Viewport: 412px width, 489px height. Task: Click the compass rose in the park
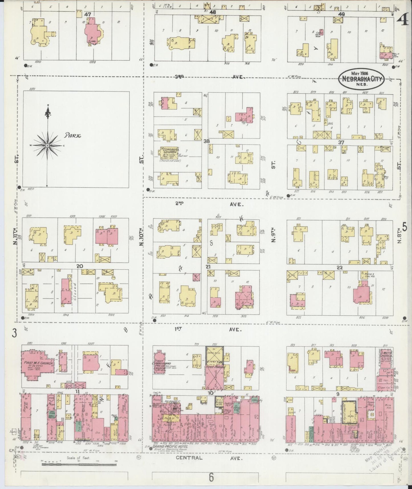pos(47,145)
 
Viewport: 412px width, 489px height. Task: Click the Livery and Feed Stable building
pos(215,367)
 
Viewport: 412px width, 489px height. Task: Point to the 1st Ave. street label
pos(208,329)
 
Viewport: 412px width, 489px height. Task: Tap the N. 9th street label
pos(273,235)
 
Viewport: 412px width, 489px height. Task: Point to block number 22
pos(340,268)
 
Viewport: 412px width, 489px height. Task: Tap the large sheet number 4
pos(404,21)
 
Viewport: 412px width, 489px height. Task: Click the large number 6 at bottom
pos(211,477)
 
